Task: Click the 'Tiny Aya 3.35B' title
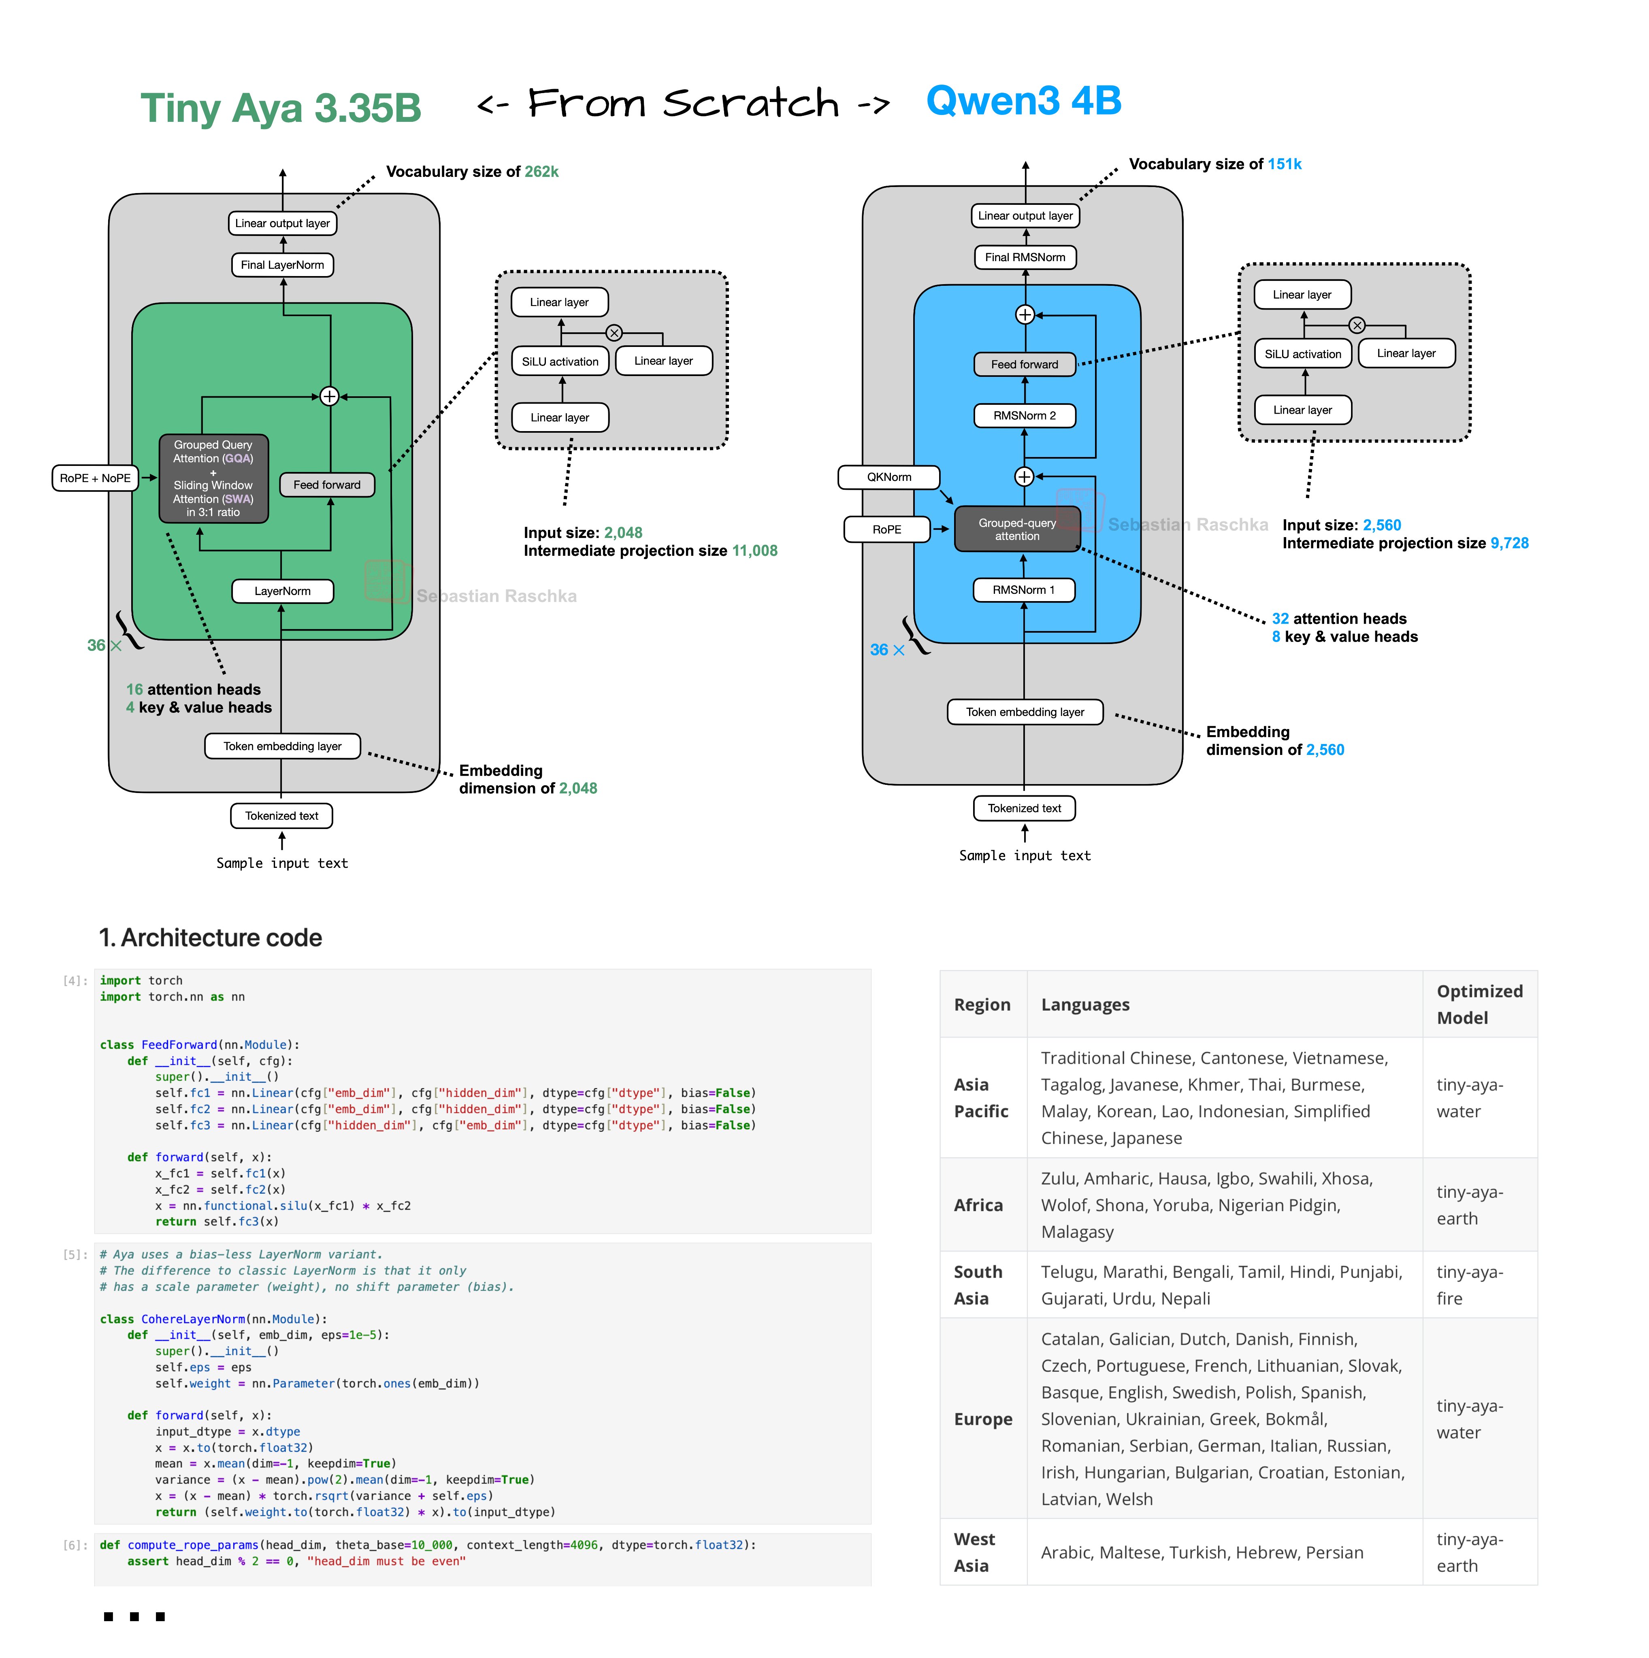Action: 281,108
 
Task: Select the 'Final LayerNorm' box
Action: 282,265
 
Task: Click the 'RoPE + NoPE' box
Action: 95,478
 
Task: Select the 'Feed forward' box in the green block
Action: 327,485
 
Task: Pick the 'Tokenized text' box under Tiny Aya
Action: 281,816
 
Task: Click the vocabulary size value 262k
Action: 542,172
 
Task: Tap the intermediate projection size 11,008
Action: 754,551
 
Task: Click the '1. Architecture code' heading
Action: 210,938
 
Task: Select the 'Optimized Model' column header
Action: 1479,1004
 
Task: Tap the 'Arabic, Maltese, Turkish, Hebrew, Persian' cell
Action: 1202,1552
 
